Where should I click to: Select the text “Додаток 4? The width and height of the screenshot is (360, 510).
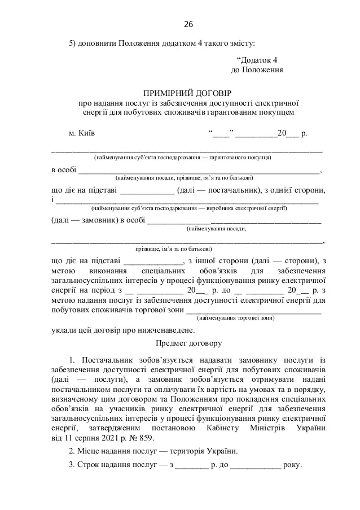pos(257,60)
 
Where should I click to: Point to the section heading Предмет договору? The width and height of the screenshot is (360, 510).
pos(188,343)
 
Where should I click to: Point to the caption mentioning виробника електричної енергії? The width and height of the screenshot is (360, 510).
pos(183,208)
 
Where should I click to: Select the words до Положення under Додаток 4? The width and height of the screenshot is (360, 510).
pos(257,70)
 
